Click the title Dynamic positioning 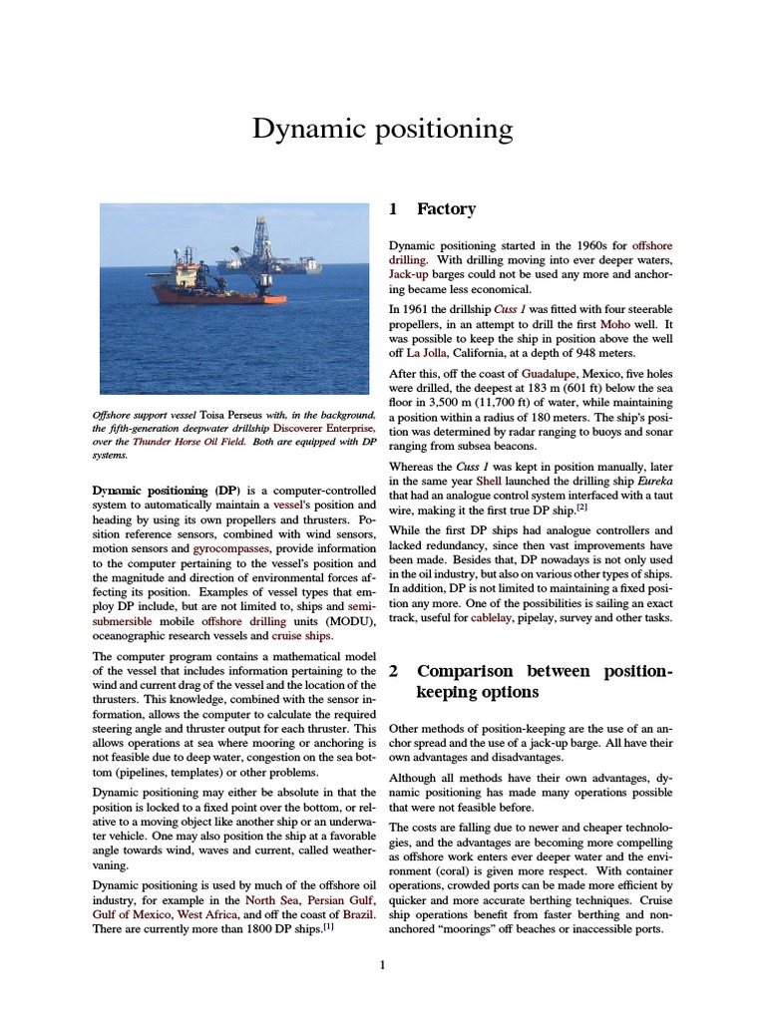382,129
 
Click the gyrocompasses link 228,548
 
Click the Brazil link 355,914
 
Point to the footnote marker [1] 327,927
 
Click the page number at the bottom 382,965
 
